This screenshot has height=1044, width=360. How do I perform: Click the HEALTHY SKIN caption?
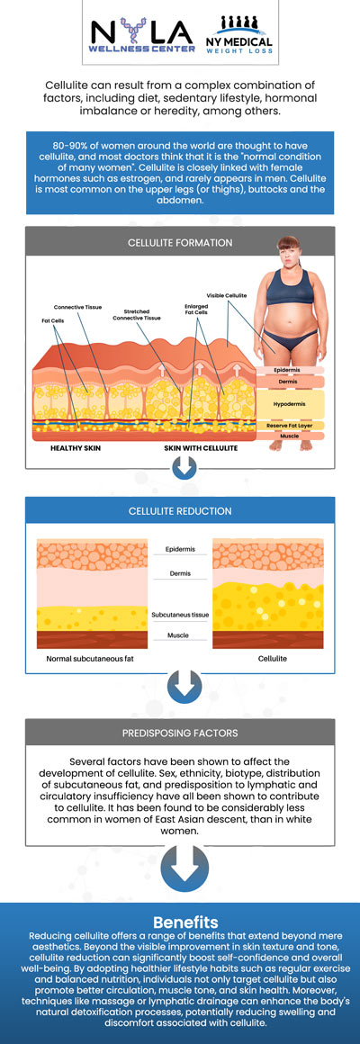(x=75, y=446)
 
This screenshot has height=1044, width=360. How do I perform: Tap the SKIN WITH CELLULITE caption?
(x=199, y=446)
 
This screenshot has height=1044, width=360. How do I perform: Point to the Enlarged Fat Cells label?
(x=195, y=308)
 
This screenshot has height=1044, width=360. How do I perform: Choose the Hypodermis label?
(x=288, y=405)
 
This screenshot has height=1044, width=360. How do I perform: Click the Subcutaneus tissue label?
(x=180, y=615)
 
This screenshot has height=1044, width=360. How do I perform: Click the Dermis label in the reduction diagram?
(x=180, y=572)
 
